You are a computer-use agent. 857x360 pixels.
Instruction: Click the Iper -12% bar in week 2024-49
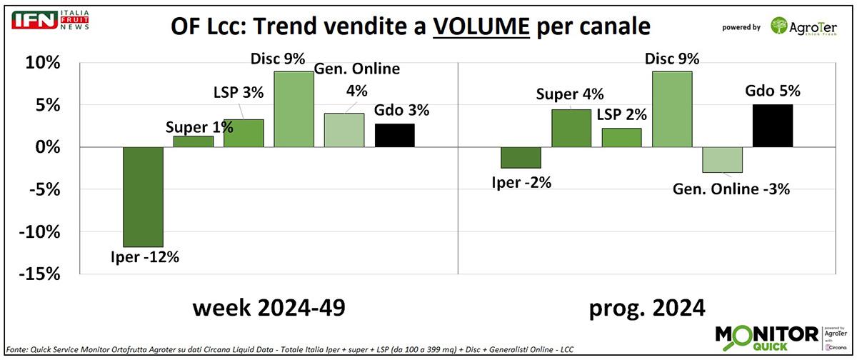coord(143,196)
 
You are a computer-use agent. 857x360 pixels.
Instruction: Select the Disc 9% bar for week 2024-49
coord(294,109)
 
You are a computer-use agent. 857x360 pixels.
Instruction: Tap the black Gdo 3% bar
coord(394,135)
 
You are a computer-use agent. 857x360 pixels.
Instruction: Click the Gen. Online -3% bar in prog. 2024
coord(722,159)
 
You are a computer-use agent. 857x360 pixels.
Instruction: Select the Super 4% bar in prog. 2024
coord(571,129)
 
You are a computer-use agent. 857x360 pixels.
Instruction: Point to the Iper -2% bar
coord(521,157)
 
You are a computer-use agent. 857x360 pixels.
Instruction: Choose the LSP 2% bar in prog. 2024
coord(621,138)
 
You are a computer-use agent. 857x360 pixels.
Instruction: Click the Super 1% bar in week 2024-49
coord(194,141)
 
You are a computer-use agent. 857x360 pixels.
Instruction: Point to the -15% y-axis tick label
coord(41,274)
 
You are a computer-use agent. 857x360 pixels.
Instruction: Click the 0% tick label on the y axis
coord(49,147)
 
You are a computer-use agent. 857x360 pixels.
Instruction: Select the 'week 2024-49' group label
coord(268,309)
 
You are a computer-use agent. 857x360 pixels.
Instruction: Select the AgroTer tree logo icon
coord(781,26)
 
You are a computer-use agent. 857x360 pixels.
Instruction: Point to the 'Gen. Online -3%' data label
coord(722,189)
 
